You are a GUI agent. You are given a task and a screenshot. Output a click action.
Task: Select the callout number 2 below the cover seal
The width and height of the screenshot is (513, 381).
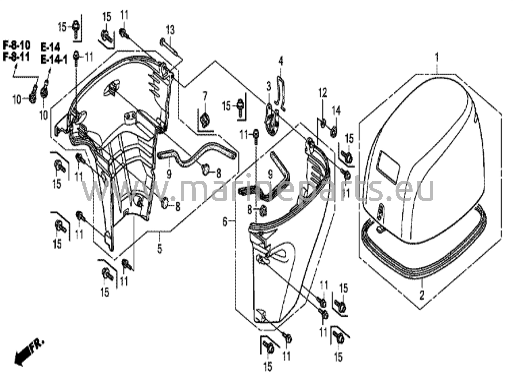tap(422, 295)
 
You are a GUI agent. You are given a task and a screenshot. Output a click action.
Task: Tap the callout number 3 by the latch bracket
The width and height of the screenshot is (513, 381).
tap(269, 87)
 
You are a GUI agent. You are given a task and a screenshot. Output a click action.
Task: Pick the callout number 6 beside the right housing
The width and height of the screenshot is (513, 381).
tap(225, 222)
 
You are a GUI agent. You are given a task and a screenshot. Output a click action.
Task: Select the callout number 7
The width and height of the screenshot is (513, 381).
tap(205, 96)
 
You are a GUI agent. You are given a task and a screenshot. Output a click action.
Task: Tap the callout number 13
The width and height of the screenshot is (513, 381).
tap(170, 30)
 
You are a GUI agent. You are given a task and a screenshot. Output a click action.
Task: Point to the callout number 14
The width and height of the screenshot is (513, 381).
tap(336, 110)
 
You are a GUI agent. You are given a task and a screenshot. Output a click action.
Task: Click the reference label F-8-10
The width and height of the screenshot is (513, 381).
tap(17, 46)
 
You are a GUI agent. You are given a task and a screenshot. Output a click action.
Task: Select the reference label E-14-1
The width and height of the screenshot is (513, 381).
tap(54, 60)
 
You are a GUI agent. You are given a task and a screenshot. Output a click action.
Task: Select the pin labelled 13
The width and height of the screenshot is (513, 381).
tap(170, 47)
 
